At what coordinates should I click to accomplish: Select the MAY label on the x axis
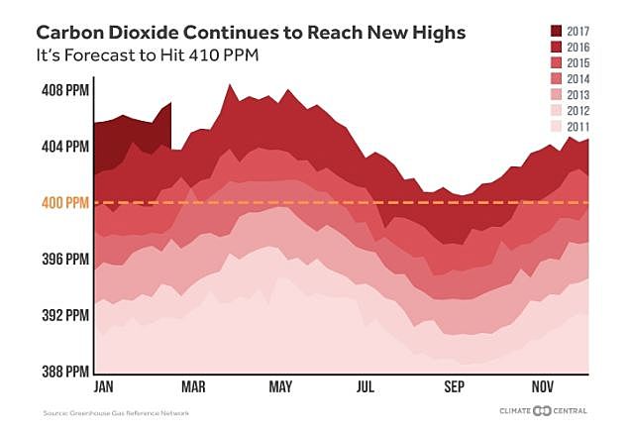[x=281, y=386]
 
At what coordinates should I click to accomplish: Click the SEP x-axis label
[x=455, y=386]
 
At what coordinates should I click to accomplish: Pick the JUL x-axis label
[x=368, y=386]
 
